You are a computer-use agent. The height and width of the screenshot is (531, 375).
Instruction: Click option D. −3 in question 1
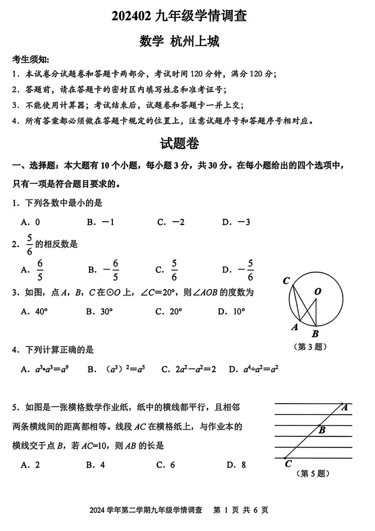[236, 222]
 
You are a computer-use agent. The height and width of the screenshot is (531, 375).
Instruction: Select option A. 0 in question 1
[30, 222]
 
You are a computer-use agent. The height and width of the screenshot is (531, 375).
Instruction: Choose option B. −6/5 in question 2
[104, 270]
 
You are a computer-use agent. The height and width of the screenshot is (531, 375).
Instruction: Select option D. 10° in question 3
[231, 312]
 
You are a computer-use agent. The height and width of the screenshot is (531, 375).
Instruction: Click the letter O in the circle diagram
[318, 291]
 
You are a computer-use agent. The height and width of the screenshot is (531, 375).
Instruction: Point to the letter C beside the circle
[286, 281]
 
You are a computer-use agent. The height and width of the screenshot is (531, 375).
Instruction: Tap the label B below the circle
[315, 333]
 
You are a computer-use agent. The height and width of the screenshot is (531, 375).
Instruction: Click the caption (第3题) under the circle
[310, 347]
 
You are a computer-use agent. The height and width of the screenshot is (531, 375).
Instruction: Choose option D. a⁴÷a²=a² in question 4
[253, 369]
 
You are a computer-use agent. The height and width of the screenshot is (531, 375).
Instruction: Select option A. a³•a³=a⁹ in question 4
[44, 369]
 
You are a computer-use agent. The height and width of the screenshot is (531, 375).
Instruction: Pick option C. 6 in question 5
[166, 465]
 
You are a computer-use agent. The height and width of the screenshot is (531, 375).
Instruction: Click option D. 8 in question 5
[236, 465]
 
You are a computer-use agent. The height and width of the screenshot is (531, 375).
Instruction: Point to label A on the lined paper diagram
[345, 407]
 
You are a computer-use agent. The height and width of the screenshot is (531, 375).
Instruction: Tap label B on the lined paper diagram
[322, 430]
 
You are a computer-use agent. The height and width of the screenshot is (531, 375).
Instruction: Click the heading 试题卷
[180, 143]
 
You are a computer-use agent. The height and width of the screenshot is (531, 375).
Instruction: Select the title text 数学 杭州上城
[179, 41]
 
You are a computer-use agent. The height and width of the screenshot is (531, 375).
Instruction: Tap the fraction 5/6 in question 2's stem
[29, 245]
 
